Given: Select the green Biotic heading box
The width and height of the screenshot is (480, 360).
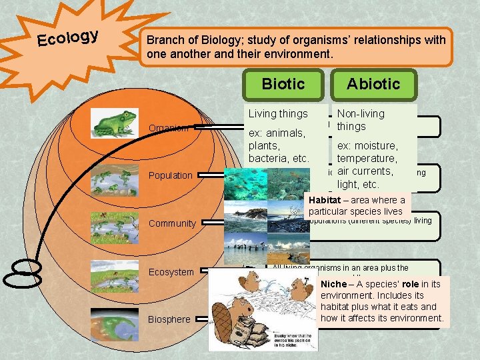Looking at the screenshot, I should tap(283, 84).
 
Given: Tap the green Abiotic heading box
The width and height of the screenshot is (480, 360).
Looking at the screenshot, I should tap(373, 84).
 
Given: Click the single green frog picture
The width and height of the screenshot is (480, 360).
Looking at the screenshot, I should tap(115, 123).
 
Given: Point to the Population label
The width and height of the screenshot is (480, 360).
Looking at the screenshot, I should tap(170, 175).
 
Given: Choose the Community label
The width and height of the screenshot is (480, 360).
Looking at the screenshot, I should tap(171, 223).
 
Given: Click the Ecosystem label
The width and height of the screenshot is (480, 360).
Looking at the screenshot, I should tap(171, 272).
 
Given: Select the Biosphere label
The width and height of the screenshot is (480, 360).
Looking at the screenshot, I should tap(169, 319).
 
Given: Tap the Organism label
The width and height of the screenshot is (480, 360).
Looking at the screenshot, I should tap(168, 128).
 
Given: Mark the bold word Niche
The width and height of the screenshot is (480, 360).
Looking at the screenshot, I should tap(333, 284).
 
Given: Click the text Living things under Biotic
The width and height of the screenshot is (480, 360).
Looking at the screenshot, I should tap(278, 114).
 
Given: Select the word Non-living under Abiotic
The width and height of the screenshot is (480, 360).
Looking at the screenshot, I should tap(361, 114).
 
